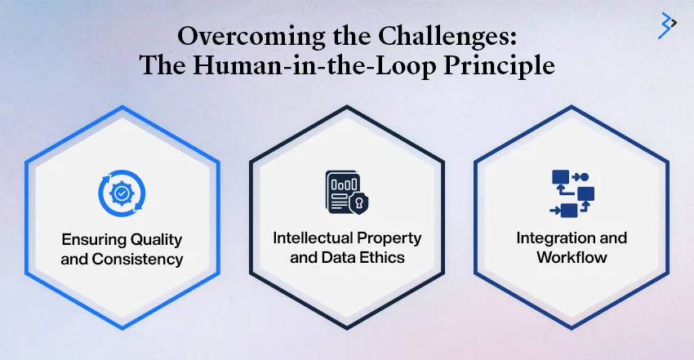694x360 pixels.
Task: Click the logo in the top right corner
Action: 667,25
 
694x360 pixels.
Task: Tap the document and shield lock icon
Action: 345,193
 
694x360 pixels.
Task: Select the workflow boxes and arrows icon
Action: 572,193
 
